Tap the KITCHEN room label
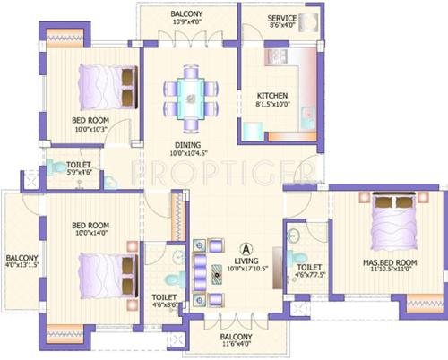272,96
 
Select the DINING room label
187,143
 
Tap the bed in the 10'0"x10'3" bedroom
104,86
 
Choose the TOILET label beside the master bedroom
308,267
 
